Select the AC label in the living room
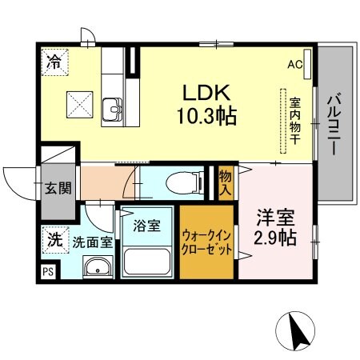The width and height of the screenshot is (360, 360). (x=294, y=66)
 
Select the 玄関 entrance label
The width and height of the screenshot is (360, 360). (x=58, y=189)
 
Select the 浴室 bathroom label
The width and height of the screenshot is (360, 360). (x=146, y=226)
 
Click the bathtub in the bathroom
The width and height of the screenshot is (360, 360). (x=146, y=261)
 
